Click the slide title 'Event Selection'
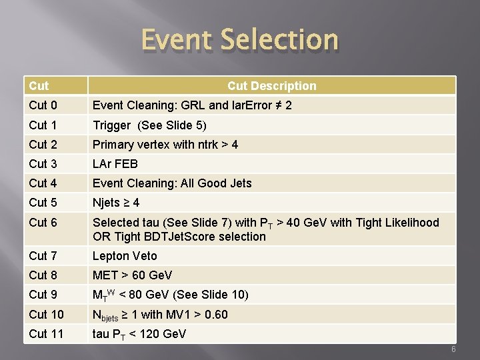(239, 40)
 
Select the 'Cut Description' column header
(271, 85)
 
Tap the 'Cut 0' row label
(43, 105)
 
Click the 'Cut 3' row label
(43, 163)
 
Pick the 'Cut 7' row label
(43, 255)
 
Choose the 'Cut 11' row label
(46, 333)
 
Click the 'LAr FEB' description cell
(115, 163)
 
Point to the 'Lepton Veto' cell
(125, 255)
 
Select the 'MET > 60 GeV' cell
(132, 275)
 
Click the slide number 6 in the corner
(453, 351)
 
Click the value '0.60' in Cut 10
(216, 314)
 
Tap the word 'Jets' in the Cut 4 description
(238, 183)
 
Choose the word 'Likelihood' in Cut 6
(410, 222)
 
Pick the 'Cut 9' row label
(43, 294)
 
